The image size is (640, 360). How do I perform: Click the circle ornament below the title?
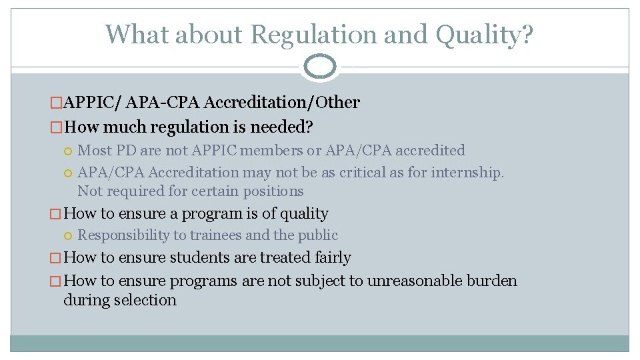coord(320,67)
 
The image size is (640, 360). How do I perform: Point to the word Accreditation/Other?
coord(283,103)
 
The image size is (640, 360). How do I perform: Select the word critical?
coord(367,172)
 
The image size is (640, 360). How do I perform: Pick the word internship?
coord(468,172)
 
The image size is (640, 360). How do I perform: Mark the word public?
coord(318,235)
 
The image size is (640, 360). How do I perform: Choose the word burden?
coord(493,281)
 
